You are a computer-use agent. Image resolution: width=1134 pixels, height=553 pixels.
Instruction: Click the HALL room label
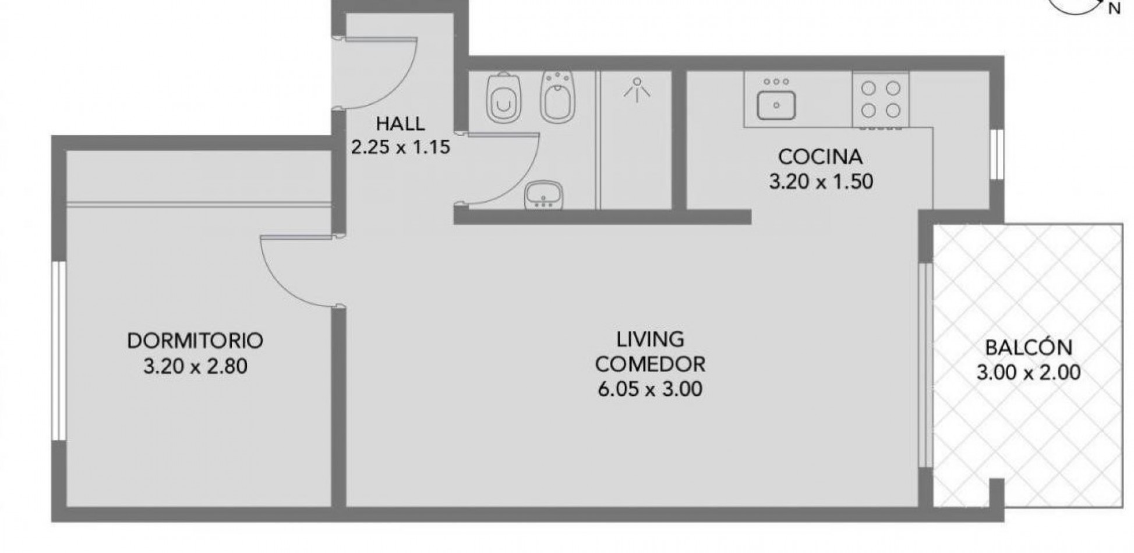point(400,123)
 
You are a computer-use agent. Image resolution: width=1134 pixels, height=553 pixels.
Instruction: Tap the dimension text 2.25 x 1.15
point(400,147)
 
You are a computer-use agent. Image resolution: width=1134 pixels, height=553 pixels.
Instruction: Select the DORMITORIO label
point(195,341)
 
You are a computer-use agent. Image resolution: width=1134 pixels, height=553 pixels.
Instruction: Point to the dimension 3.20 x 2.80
point(195,366)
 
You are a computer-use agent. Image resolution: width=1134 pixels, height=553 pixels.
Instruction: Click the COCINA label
point(820,157)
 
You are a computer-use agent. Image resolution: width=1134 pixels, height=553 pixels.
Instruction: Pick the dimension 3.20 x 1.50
point(821,182)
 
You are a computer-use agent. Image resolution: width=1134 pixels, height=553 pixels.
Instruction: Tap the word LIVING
point(650,339)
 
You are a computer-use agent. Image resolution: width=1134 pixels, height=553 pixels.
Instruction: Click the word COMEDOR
point(650,364)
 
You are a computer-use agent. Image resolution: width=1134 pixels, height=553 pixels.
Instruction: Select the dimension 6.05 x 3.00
point(650,389)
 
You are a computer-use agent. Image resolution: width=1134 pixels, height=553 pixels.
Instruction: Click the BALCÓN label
point(1029,347)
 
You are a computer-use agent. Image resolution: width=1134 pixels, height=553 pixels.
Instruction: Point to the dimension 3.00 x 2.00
point(1029,372)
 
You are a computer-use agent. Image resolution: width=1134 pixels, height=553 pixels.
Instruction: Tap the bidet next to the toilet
point(557,97)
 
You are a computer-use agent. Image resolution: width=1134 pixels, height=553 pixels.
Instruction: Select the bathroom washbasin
point(543,194)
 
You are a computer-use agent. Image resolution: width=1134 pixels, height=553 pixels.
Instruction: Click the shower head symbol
point(637,90)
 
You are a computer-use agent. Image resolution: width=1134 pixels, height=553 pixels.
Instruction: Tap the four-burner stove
point(881,100)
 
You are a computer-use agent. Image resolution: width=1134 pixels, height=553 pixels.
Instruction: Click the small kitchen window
point(997,154)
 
